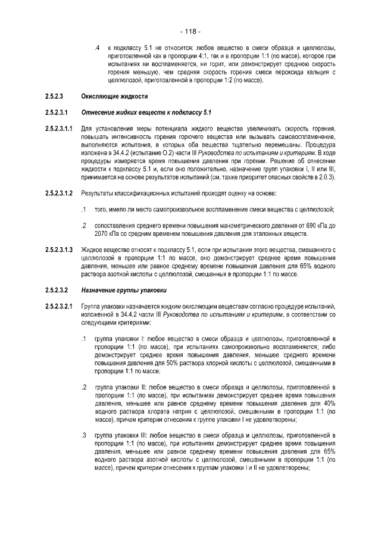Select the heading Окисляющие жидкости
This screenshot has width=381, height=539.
114,96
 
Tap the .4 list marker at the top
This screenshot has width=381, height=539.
97,48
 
